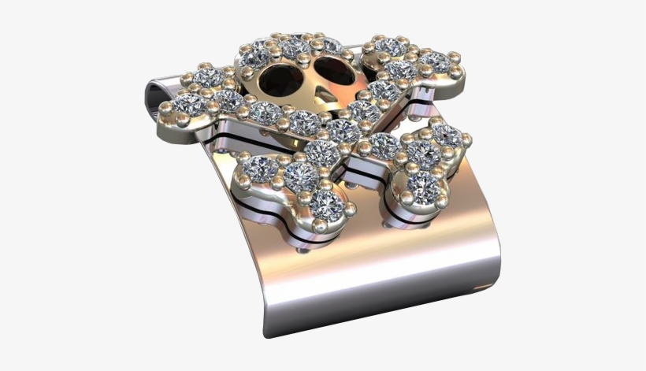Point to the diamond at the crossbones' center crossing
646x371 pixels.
[x=342, y=130]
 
